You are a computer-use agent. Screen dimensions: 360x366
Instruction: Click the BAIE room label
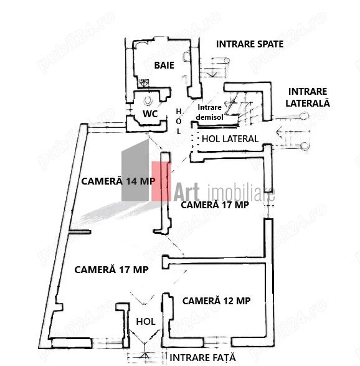(164, 65)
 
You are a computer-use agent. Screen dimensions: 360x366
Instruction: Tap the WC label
(150, 114)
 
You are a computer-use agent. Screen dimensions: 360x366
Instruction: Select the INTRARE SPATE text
(250, 44)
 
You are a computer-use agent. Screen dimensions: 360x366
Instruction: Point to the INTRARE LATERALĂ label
(308, 97)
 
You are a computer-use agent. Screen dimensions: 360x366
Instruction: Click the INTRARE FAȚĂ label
(202, 357)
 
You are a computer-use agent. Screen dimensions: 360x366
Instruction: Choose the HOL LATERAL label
(230, 139)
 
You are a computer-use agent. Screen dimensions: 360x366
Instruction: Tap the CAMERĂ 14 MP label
(118, 181)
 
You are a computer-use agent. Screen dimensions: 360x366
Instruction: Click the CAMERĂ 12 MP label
(216, 301)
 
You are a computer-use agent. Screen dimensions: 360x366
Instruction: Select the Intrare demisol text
(209, 112)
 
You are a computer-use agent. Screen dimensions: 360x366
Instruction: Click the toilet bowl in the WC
(148, 100)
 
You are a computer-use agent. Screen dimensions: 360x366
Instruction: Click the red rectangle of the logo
(161, 181)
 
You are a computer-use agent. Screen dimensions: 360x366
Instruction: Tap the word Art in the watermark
(186, 192)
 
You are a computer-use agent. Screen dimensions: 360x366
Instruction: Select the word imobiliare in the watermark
(241, 193)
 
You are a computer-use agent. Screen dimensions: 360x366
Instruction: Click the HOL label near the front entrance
(146, 322)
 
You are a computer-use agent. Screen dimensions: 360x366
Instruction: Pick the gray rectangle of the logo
(135, 170)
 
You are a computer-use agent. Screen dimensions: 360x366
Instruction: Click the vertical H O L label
(179, 122)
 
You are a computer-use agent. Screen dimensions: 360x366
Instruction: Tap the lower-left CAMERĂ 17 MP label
(111, 269)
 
